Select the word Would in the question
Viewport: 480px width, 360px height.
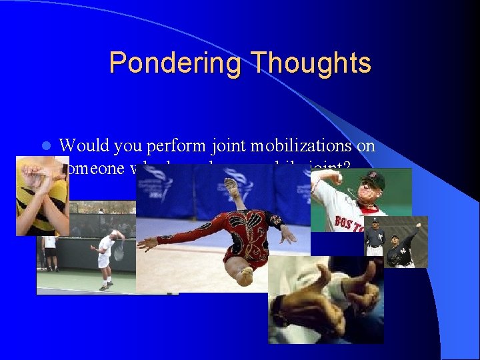click(85, 145)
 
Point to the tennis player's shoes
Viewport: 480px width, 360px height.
click(105, 287)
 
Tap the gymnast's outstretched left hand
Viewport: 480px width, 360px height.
click(143, 245)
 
